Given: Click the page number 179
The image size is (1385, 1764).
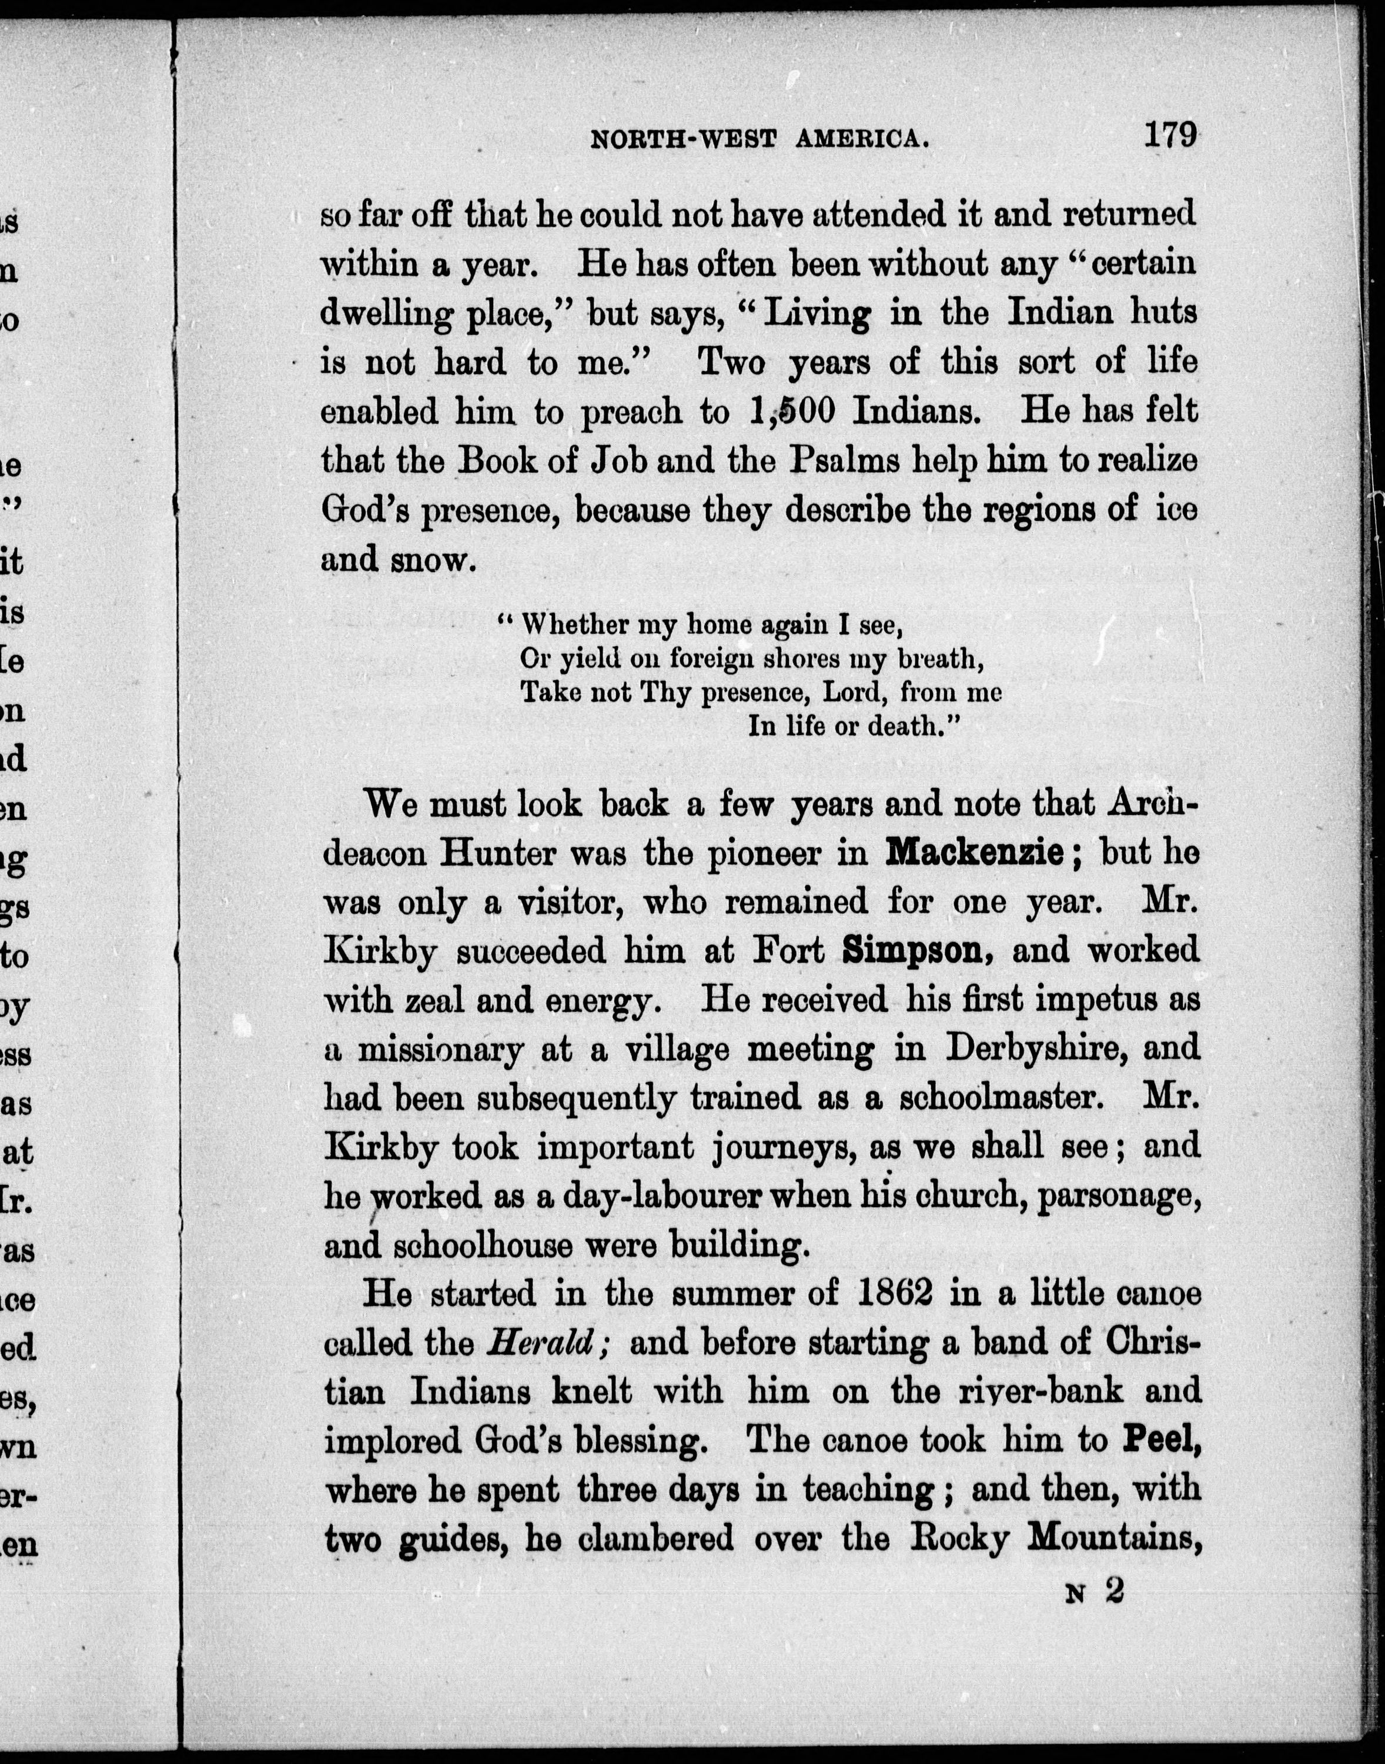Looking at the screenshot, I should click(x=1169, y=134).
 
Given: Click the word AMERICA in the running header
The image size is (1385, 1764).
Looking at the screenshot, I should click(x=861, y=139).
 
